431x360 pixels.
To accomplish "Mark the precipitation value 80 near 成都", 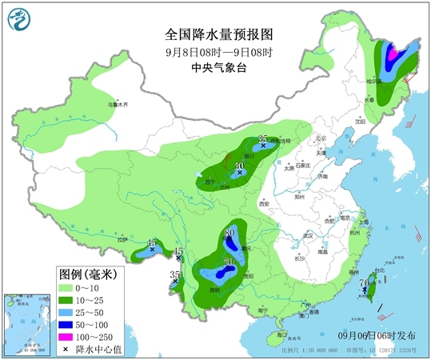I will tap(230, 232).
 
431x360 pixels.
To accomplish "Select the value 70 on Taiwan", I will tap(365, 282).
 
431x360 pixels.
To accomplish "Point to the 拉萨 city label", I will tap(121, 239).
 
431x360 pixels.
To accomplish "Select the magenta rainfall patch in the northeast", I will tap(392, 54).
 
